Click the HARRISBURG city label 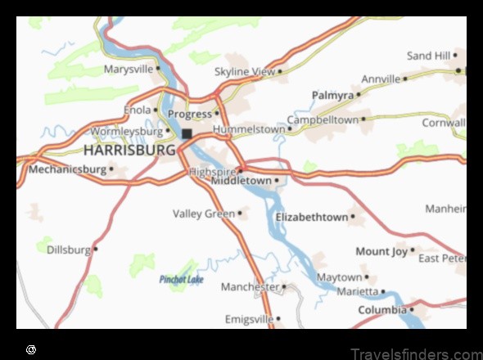tap(129, 151)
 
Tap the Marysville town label tap(129, 70)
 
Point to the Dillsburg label tap(69, 249)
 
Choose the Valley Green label tap(203, 214)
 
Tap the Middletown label tap(241, 180)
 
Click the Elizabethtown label tap(311, 217)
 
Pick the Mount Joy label tap(381, 251)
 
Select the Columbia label tap(381, 310)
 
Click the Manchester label tap(250, 287)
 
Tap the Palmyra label tap(332, 96)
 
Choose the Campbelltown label tap(323, 119)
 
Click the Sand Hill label tap(429, 56)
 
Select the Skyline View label tap(245, 72)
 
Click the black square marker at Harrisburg tap(187, 133)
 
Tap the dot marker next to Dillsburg tap(96, 249)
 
